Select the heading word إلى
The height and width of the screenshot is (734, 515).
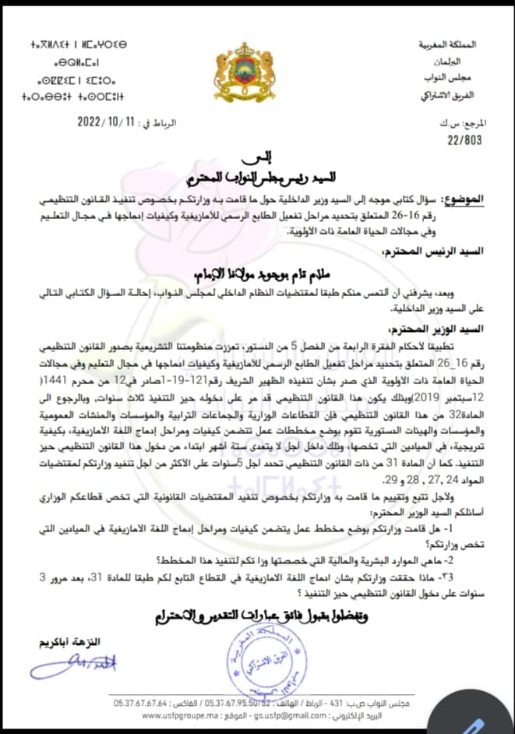pos(258,159)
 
